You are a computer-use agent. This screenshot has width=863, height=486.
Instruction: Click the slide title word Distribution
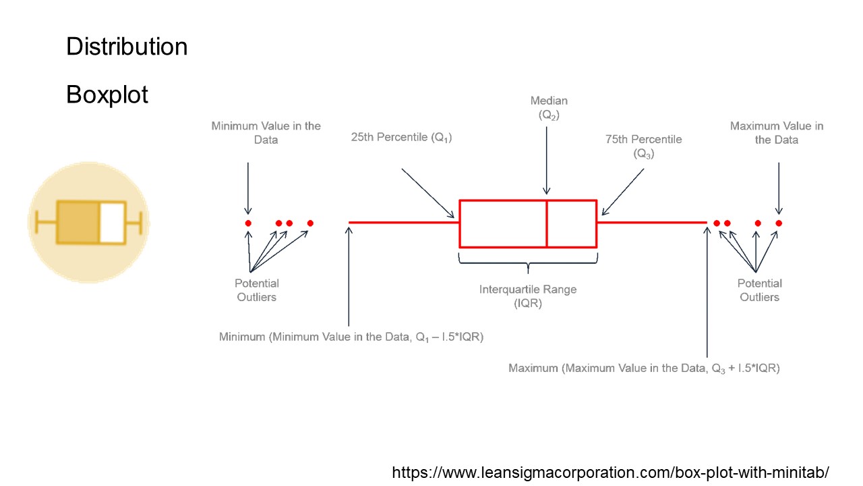coord(127,47)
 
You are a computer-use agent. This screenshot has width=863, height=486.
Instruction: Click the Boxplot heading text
coord(107,94)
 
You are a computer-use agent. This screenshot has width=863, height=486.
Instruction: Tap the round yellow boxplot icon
coord(88,222)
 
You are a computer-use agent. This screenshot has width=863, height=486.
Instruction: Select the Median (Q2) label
coord(549,108)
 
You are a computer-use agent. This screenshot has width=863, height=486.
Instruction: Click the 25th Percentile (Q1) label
coord(401,137)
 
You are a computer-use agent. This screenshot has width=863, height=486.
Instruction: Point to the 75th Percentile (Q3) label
coord(643,146)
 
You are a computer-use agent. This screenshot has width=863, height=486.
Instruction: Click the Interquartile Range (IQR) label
coord(528,296)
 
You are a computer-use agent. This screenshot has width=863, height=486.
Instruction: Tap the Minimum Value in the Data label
coord(266,133)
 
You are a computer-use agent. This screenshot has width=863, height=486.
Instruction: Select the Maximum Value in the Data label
coord(777,133)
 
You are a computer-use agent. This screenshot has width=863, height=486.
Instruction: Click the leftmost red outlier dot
coord(248,223)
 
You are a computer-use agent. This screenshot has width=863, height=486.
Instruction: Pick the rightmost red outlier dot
coord(779,223)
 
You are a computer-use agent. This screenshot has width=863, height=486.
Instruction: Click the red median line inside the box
coord(547,223)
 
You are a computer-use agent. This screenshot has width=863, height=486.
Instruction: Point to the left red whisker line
coord(404,221)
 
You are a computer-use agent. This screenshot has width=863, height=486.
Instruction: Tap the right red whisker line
coord(651,221)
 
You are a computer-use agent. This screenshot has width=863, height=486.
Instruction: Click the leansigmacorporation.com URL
coord(610,472)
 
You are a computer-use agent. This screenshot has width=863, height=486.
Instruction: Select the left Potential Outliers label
coord(257,290)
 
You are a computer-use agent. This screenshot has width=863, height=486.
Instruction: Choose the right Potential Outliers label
coord(760,290)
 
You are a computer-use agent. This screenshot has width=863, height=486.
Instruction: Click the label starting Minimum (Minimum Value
coord(351,336)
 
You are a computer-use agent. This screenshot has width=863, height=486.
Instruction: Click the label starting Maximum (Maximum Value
coord(644,368)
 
